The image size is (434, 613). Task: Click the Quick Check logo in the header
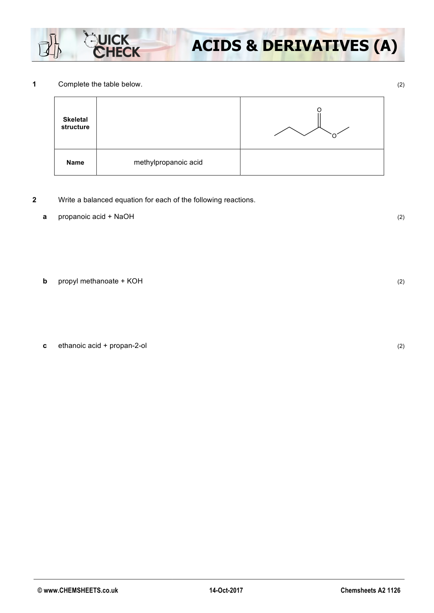click(113, 46)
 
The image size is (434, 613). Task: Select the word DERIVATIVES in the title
click(316, 46)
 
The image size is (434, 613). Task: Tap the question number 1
click(34, 84)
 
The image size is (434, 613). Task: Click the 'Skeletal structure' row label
click(75, 123)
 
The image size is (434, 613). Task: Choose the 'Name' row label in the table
click(75, 163)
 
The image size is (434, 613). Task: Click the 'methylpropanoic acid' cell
click(168, 162)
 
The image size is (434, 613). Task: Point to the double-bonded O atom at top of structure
click(319, 110)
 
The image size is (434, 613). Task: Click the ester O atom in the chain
click(334, 136)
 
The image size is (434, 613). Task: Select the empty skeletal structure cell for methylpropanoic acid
click(168, 123)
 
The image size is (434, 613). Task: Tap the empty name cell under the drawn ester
click(312, 162)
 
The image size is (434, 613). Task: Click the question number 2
click(34, 200)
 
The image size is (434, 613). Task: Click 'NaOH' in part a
click(124, 217)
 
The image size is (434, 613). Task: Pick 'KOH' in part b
click(135, 281)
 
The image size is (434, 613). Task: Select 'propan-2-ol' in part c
click(128, 346)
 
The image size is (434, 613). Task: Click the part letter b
click(45, 281)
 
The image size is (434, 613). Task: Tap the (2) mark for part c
click(401, 346)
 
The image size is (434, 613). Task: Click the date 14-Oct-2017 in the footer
click(226, 590)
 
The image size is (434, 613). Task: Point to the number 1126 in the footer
click(394, 590)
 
